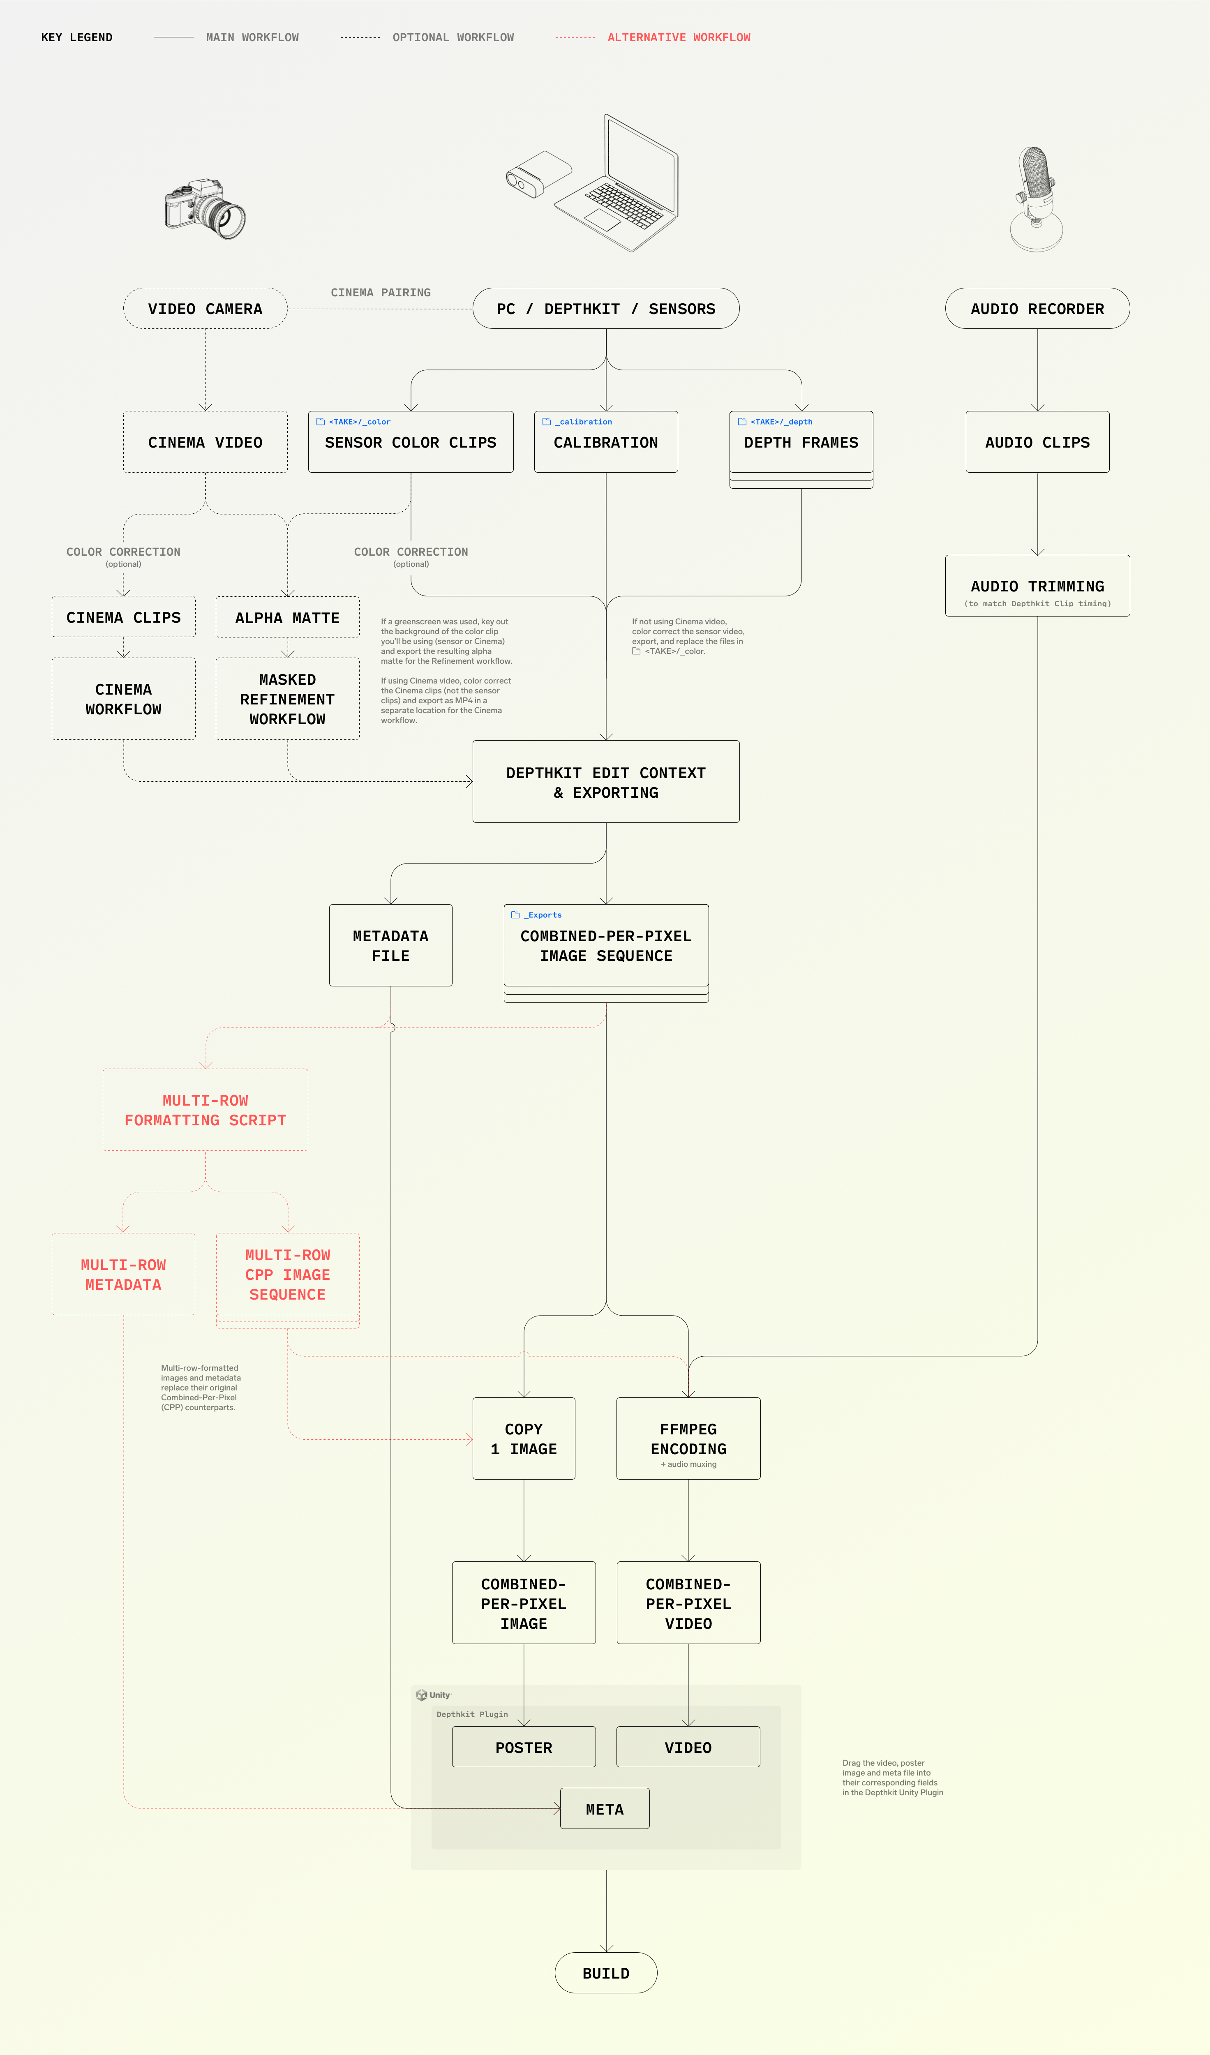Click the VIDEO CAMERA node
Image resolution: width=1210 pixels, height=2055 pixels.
pos(205,308)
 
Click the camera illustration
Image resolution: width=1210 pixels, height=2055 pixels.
pos(205,209)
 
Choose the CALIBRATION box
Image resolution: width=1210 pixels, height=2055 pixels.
pos(606,442)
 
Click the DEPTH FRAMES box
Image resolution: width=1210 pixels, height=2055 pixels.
pos(801,442)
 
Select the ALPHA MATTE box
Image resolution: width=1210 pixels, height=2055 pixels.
pos(287,617)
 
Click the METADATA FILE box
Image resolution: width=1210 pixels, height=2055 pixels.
pos(390,945)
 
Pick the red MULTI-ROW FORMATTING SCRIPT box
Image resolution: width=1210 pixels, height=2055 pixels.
pos(206,1110)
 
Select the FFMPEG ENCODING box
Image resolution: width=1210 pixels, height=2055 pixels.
pos(688,1438)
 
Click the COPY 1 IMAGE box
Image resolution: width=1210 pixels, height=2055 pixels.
pos(524,1438)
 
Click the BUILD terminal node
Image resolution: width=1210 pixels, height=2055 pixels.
pos(606,1973)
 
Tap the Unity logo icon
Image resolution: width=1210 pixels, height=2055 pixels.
pos(422,1695)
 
